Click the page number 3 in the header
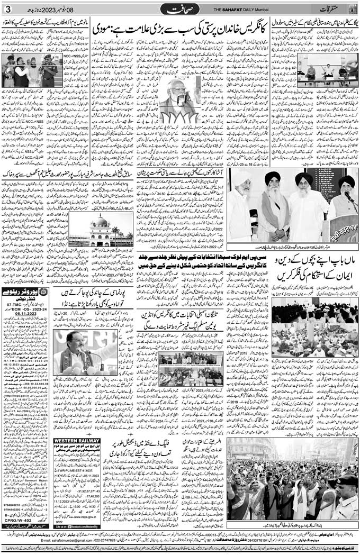(x=7, y=9)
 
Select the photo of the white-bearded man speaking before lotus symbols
(x=181, y=101)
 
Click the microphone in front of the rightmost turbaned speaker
(x=348, y=195)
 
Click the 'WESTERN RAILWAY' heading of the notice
(x=76, y=440)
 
